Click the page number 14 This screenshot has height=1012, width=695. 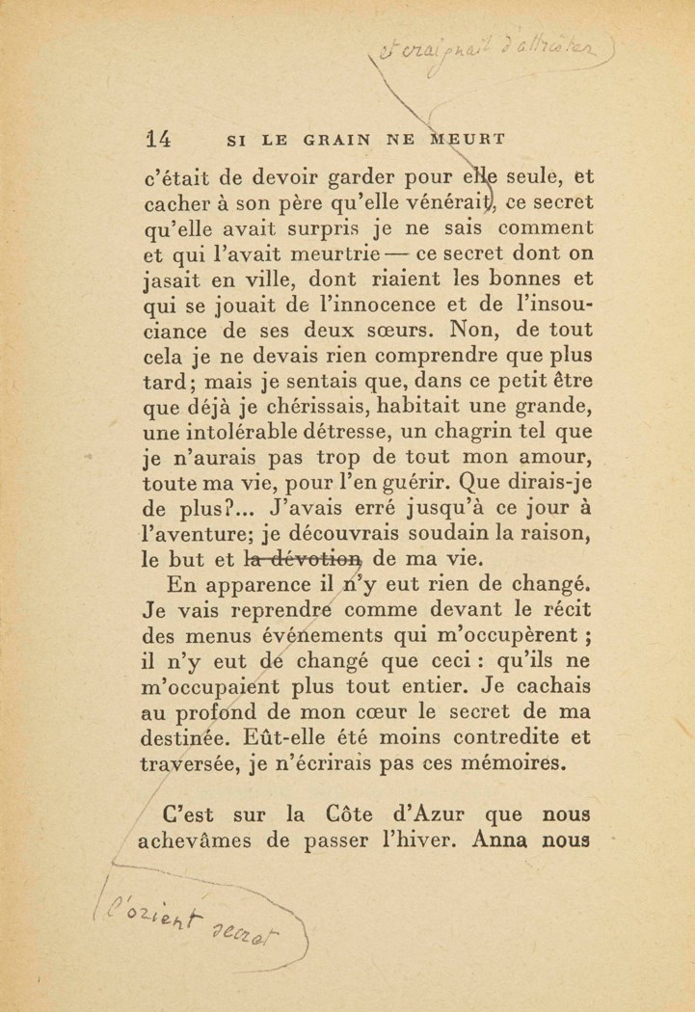157,139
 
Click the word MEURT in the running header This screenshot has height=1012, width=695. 467,139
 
